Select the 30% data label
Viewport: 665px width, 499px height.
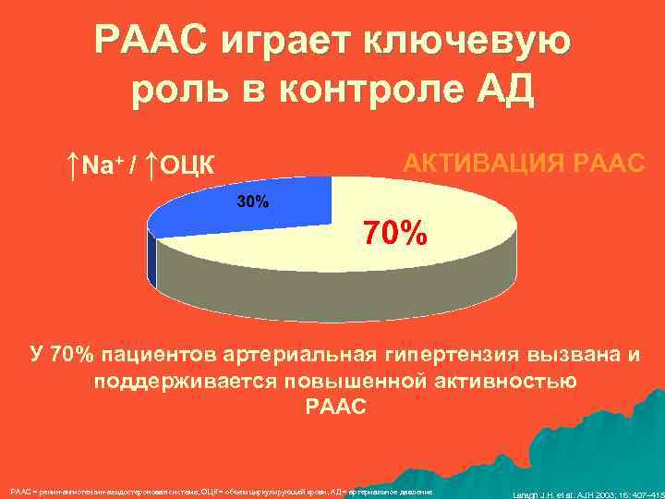[x=253, y=201]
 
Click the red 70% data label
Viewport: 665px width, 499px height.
[x=393, y=234]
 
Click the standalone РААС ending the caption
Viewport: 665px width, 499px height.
[x=334, y=407]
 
